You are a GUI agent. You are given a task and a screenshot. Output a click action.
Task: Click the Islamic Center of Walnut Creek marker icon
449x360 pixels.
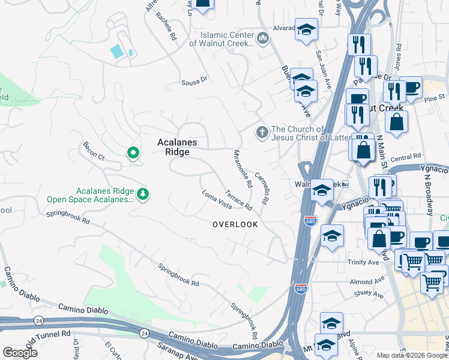point(262,39)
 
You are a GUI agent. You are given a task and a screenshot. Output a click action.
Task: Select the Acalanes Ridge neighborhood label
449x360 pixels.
point(173,147)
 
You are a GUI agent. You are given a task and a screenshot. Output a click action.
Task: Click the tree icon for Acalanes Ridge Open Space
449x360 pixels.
point(143,193)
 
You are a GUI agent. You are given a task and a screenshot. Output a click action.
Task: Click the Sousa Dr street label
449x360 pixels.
point(194,79)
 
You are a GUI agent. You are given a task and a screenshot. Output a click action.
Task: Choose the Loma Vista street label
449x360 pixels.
point(217,200)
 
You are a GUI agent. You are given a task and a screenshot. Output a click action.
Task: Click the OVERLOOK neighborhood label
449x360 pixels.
point(235,224)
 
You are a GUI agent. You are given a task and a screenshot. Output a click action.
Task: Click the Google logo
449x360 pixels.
point(20,352)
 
